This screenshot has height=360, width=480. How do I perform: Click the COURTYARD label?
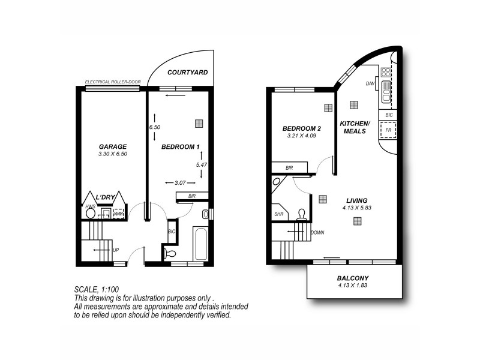point(187,72)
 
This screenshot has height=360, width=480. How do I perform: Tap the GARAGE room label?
point(112,146)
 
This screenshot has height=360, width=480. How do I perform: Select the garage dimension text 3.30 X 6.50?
point(112,154)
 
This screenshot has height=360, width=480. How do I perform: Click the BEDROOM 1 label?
point(181,147)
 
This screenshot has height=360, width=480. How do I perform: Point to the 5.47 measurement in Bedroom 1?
point(201,164)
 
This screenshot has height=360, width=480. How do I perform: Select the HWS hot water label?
point(90,206)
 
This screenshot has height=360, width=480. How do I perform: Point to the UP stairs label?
point(116,249)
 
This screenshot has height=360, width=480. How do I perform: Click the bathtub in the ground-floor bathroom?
point(200,242)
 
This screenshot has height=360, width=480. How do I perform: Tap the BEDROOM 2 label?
point(302,128)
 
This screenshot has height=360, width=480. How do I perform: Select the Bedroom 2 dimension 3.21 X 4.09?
point(302,136)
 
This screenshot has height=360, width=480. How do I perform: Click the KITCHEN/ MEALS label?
point(356,127)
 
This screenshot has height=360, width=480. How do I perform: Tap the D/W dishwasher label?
point(370,84)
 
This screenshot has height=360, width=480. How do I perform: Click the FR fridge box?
point(388,130)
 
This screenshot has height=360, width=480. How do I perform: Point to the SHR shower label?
point(279,214)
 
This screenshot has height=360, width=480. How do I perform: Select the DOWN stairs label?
point(317,232)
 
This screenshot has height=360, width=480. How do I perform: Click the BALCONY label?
point(353,278)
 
